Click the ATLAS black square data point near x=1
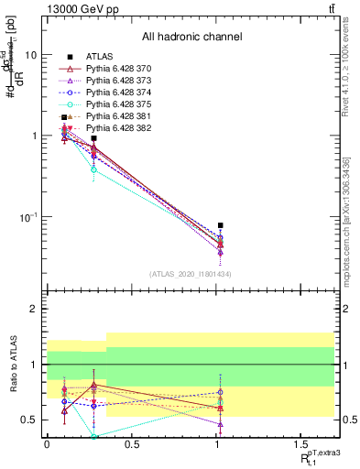pyautogui.click(x=220, y=224)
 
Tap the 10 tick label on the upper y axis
pyautogui.click(x=30, y=55)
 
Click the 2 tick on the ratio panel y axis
pyautogui.click(x=33, y=310)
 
